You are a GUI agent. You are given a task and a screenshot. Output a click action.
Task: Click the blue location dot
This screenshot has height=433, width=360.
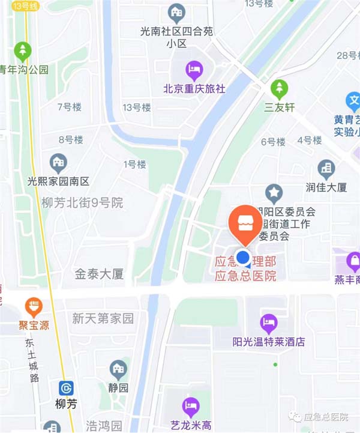point(243,258)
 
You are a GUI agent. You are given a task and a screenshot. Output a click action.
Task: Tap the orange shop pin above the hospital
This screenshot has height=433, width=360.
point(245,223)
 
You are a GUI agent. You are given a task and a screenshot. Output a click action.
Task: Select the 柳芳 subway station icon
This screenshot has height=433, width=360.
point(67,389)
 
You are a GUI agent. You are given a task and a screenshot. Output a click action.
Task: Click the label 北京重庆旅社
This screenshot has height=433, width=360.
point(194,88)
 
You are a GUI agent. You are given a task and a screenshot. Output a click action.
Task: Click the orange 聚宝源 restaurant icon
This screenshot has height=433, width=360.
point(34,307)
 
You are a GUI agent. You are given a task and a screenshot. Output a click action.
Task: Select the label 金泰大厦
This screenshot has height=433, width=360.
point(99,274)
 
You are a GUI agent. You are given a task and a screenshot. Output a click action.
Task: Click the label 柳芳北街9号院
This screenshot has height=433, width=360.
point(82,203)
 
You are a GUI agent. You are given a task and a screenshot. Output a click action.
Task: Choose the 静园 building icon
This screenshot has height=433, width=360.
point(118,369)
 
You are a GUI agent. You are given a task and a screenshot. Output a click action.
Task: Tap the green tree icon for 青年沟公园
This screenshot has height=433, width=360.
point(23,50)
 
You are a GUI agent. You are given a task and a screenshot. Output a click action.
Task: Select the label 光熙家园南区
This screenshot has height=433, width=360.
point(58,181)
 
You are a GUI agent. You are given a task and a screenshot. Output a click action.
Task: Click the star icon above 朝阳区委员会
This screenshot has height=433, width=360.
point(275,193)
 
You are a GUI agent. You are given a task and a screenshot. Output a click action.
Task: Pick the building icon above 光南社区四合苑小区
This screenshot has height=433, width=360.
point(176,11)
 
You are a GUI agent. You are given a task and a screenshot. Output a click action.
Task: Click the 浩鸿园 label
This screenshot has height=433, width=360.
point(104,426)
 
